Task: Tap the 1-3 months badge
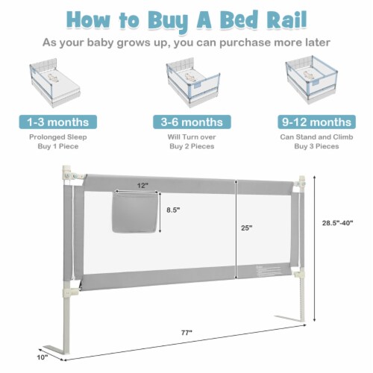58,122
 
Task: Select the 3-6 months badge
192,122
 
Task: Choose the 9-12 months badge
316,122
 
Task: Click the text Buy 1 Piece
58,146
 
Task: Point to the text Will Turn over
192,137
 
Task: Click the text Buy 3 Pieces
316,146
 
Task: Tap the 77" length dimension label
186,333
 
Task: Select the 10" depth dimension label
43,357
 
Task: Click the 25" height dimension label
246,228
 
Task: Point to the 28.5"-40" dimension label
337,223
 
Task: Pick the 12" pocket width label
142,186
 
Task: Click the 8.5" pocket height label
173,210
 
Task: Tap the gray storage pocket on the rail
135,212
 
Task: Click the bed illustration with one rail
54,83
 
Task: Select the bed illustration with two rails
193,82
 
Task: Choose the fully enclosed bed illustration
312,80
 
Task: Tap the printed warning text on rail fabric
269,271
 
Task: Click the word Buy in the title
167,21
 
